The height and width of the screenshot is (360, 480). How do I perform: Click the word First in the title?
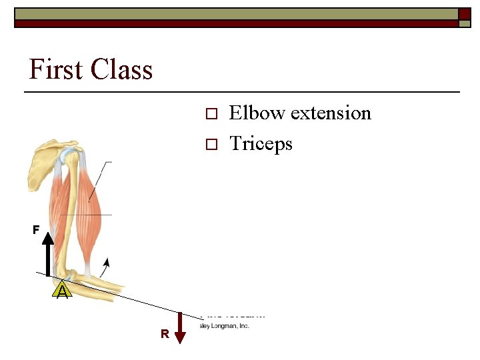tap(56, 69)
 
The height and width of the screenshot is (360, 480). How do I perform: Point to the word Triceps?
tap(261, 143)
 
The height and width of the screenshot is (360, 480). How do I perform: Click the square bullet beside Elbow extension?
tap(211, 114)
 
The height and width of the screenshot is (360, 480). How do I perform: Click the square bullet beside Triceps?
tap(211, 144)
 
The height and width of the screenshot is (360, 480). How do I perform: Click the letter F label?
tap(36, 230)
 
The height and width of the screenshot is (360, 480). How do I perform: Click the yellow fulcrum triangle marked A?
tap(62, 290)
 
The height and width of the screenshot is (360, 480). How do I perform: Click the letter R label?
tap(164, 334)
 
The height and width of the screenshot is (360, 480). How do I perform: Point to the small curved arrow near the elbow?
tap(105, 267)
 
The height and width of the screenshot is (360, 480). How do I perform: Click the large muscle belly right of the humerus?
tap(97, 193)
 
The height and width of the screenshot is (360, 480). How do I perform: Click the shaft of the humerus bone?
tap(74, 213)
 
